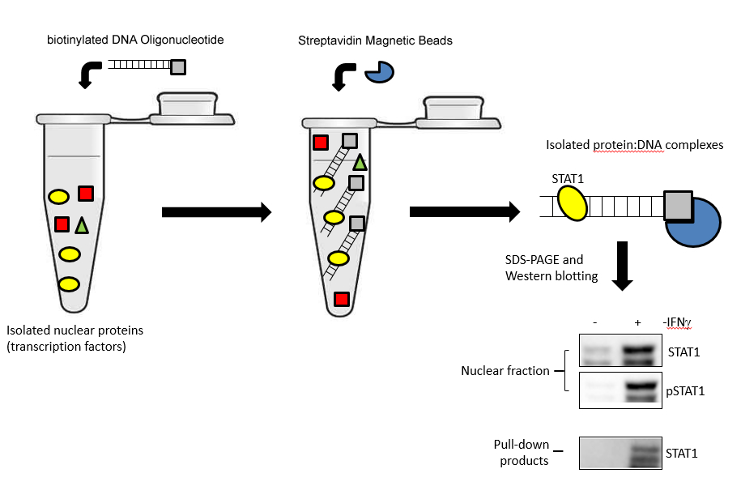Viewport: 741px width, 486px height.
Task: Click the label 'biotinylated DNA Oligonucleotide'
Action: point(135,40)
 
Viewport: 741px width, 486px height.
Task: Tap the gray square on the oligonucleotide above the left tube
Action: point(178,67)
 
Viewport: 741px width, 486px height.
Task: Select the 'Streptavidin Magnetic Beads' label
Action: point(375,40)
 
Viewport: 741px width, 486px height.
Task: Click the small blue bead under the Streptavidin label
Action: point(379,72)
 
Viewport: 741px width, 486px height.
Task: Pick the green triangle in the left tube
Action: point(82,225)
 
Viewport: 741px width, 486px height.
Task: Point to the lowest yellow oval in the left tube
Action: point(69,284)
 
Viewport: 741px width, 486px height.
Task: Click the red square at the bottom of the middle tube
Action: point(342,299)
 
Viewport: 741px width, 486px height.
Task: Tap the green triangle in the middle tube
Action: point(360,163)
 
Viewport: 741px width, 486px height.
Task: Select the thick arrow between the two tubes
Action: point(216,212)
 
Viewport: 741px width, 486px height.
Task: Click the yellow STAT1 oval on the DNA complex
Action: point(573,202)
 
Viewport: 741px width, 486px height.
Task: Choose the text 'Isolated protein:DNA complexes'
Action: point(635,145)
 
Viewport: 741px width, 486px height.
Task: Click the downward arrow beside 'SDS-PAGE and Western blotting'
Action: point(623,266)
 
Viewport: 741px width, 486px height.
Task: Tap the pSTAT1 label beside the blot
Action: point(685,391)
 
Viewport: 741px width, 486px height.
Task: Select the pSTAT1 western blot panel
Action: point(620,390)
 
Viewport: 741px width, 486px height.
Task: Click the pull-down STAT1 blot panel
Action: point(620,453)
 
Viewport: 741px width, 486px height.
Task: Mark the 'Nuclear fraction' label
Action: point(505,371)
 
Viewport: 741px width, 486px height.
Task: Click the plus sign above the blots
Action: point(637,322)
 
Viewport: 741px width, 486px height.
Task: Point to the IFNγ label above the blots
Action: point(678,322)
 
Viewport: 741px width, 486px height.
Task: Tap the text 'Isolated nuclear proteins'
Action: point(75,330)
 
